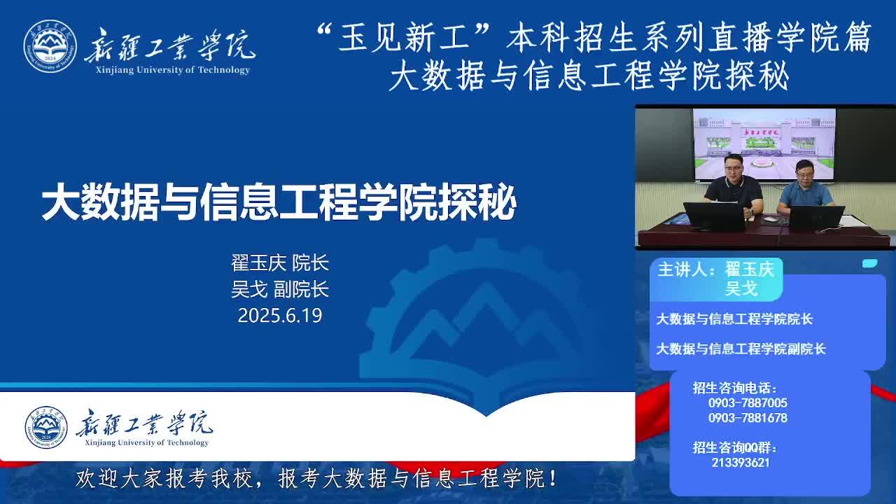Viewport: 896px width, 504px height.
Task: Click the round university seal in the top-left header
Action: tap(50, 46)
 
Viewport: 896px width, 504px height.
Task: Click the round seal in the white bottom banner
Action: tap(46, 427)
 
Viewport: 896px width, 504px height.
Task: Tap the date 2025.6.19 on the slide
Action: tap(280, 316)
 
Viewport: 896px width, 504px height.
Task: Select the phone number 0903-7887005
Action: tap(748, 402)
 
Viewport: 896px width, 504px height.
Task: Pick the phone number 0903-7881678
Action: tap(748, 418)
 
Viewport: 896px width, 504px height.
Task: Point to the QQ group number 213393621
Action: tap(741, 463)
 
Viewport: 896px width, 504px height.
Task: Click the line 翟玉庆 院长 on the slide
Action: tap(280, 262)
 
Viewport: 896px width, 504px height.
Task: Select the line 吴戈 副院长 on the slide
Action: tap(280, 289)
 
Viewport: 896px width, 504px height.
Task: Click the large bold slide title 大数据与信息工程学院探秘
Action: tap(279, 202)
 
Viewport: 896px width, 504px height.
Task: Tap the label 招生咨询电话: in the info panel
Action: tap(735, 388)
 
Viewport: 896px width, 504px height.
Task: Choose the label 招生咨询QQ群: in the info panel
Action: tap(735, 447)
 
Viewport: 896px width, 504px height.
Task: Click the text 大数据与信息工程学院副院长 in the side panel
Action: tap(741, 349)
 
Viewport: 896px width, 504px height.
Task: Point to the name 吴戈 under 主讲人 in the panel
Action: tap(741, 288)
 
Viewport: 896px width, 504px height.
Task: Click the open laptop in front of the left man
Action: tap(715, 216)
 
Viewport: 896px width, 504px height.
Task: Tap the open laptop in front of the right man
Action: tap(816, 218)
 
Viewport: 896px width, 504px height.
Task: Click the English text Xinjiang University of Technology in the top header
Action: tap(173, 70)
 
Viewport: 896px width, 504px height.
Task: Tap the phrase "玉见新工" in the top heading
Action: tap(405, 38)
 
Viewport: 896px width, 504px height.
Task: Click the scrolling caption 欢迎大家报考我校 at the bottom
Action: tap(164, 478)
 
